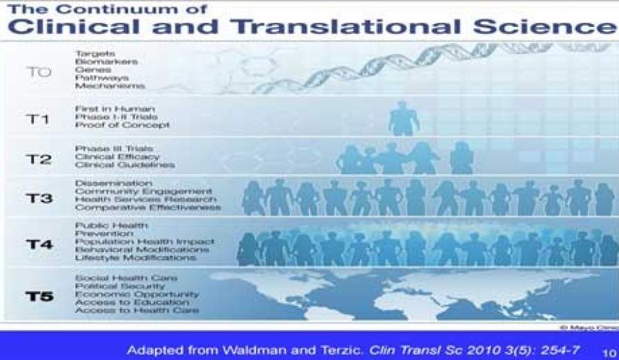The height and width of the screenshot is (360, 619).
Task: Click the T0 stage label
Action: [39, 71]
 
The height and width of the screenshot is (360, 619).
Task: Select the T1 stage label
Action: [38, 119]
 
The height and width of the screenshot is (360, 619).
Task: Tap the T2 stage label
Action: [39, 159]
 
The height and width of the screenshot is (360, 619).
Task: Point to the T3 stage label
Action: [39, 199]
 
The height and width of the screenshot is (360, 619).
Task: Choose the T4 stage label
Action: [39, 244]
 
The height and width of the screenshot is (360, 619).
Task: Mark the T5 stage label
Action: [39, 296]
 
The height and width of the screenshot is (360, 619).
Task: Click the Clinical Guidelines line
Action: [124, 165]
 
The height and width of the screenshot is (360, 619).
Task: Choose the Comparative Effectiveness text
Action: [147, 208]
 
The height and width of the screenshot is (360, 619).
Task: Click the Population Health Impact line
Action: [145, 242]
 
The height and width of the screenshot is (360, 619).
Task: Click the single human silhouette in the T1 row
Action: [403, 118]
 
